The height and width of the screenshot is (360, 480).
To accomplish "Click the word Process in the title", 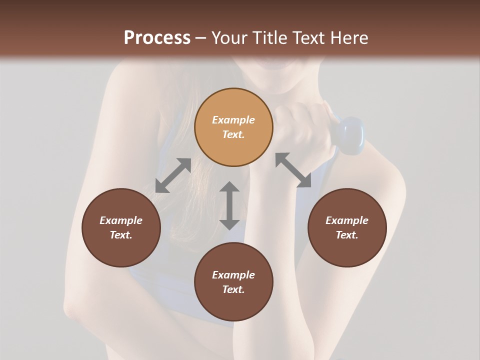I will pos(157,38).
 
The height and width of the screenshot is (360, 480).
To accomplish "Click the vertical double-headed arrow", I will pos(229,205).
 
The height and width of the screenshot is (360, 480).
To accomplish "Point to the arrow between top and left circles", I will pos(173,175).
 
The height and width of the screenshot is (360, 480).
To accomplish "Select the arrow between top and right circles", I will pos(293,170).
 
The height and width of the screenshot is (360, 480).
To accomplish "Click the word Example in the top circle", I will pos(233,120).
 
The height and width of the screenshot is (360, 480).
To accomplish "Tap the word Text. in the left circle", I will pos(121,235).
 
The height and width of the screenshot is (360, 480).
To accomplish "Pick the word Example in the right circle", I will pos(347,220).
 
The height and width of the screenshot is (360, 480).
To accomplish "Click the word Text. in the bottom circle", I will pos(233,289).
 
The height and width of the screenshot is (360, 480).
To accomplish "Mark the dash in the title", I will pos(200,38).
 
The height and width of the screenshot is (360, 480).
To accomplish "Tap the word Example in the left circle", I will pos(121,220).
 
